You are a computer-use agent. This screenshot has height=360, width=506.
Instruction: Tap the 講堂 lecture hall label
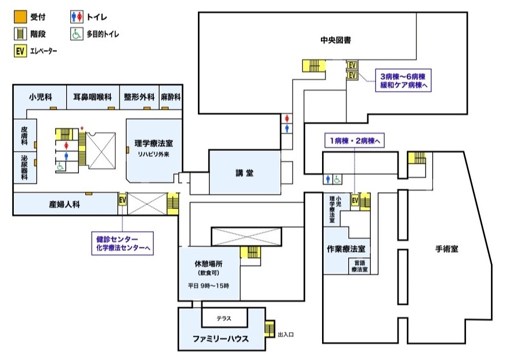click(x=244, y=172)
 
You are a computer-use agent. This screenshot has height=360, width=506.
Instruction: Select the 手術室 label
click(x=447, y=249)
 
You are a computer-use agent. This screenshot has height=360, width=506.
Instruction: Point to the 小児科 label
click(x=41, y=97)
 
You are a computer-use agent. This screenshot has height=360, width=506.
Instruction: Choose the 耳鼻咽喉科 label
click(x=92, y=97)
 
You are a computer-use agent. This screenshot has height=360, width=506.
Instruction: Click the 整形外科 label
click(x=139, y=97)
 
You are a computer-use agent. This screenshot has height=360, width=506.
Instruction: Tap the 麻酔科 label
click(x=171, y=97)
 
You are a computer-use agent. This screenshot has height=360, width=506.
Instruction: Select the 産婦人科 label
click(x=64, y=204)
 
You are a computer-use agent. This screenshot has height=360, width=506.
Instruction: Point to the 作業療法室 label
click(x=345, y=249)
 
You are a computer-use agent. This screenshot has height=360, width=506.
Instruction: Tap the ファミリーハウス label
click(x=221, y=339)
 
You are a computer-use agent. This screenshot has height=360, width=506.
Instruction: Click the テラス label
click(x=224, y=318)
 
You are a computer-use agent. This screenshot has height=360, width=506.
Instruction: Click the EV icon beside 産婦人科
click(x=122, y=200)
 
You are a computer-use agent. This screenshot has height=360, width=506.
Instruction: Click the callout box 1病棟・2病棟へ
click(x=354, y=141)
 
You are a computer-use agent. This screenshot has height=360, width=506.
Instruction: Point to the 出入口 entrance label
click(x=286, y=335)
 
